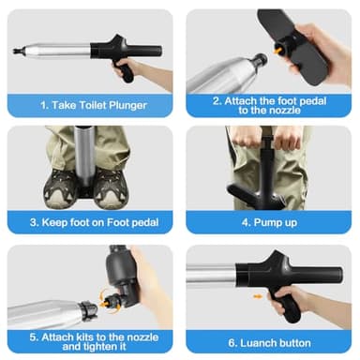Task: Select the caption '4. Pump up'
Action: pos(269,222)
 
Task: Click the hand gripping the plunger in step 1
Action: pos(131,67)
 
